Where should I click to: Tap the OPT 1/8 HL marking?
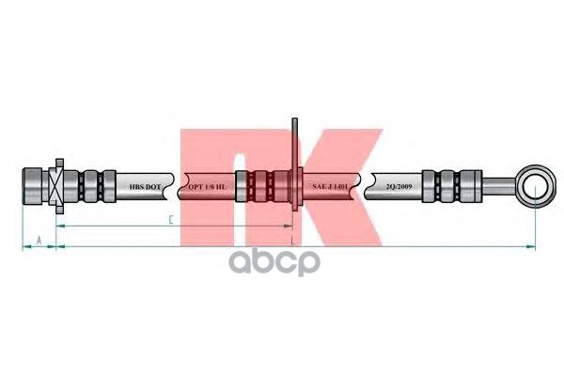coord(207,187)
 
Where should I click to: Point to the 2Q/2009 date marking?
coord(399,187)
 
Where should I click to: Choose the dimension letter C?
coord(170,221)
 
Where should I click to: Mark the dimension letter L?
coord(294,242)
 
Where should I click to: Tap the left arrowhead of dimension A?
coord(24,247)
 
